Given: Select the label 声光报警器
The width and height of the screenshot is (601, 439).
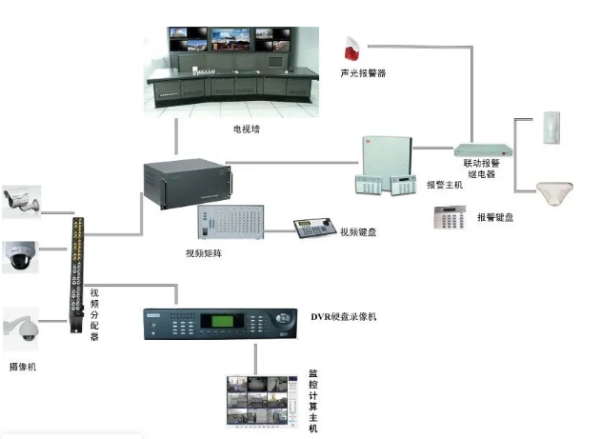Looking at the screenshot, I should point(363,73).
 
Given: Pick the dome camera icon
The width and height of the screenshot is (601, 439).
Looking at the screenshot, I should point(19,255).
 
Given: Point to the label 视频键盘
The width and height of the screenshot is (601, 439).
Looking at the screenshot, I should point(358,231).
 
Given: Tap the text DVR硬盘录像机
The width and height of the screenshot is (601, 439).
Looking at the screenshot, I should point(344,315).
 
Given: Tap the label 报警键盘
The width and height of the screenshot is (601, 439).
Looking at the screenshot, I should point(495,218).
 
